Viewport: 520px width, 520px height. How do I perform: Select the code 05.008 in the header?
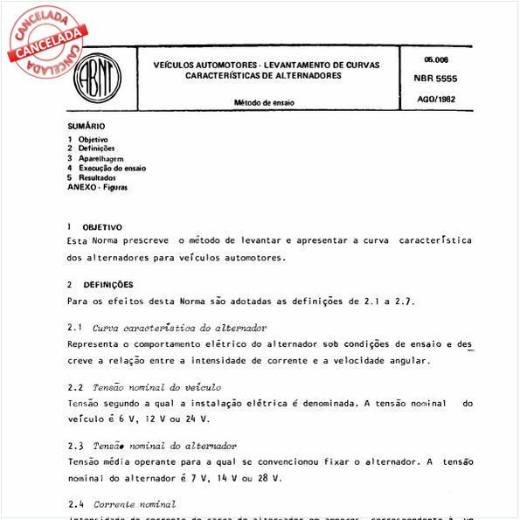click(435, 59)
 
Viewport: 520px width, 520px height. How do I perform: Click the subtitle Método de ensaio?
click(264, 103)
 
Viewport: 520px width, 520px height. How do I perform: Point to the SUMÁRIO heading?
click(86, 127)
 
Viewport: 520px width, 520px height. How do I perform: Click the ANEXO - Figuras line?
click(97, 187)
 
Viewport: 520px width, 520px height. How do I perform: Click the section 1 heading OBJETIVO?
click(102, 227)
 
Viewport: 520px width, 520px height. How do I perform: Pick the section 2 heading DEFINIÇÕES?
click(107, 285)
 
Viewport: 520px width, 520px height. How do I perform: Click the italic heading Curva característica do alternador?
click(179, 328)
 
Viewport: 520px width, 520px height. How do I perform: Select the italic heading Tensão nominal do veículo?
click(156, 386)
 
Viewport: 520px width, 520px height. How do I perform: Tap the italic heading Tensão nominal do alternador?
click(164, 446)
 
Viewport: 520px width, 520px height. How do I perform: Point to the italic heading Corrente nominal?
click(134, 504)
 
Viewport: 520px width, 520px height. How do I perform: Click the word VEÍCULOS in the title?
click(177, 66)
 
